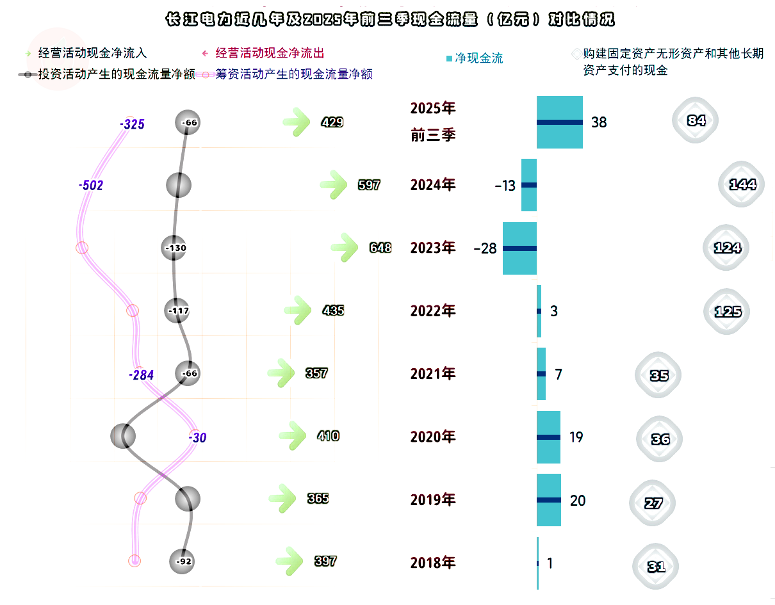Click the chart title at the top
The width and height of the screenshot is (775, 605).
pyautogui.click(x=390, y=19)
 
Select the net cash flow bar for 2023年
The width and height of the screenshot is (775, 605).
pyautogui.click(x=519, y=248)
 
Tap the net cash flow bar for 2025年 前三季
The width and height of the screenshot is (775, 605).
pyautogui.click(x=559, y=122)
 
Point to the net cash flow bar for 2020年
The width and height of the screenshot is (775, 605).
pyautogui.click(x=548, y=437)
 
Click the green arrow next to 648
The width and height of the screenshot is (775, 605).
pyautogui.click(x=344, y=247)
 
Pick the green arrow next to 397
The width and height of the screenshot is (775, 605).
pyautogui.click(x=289, y=561)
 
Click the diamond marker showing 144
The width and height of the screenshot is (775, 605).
pyautogui.click(x=741, y=184)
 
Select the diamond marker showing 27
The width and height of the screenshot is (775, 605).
pyautogui.click(x=652, y=503)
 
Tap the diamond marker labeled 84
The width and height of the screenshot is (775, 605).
pyautogui.click(x=695, y=120)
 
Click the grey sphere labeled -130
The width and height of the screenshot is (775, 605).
pyautogui.click(x=174, y=247)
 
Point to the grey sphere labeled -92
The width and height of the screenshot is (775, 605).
pyautogui.click(x=182, y=561)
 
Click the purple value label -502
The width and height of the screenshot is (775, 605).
pyautogui.click(x=91, y=185)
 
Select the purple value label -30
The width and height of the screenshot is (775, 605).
pyautogui.click(x=197, y=437)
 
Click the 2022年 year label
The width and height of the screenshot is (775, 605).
pyautogui.click(x=432, y=311)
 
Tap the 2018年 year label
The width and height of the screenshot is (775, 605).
pyautogui.click(x=432, y=563)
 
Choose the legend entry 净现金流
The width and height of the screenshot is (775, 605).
pyautogui.click(x=475, y=58)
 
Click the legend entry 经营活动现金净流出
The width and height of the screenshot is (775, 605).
pyautogui.click(x=263, y=53)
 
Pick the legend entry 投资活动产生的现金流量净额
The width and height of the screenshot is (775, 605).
pyautogui.click(x=106, y=74)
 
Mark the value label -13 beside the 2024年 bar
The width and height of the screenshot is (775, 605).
pyautogui.click(x=505, y=186)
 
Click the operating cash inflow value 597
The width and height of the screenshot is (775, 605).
pyautogui.click(x=369, y=184)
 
